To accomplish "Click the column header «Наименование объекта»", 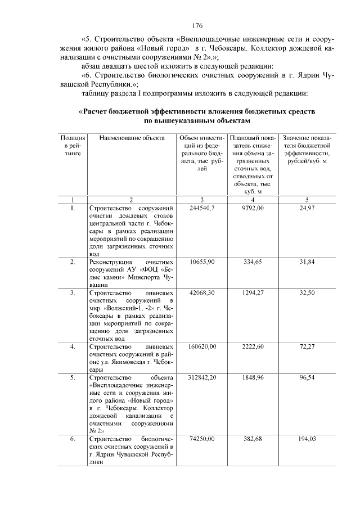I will pyautogui.click(x=132, y=138).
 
